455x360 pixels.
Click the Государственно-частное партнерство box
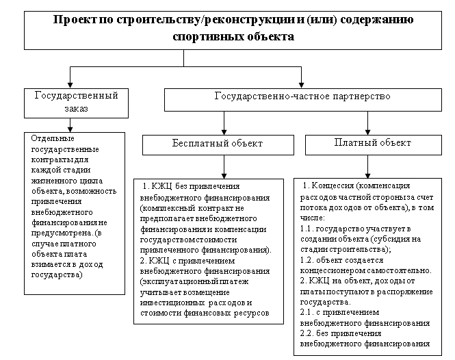click(x=302, y=97)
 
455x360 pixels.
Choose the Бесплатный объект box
click(x=218, y=144)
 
